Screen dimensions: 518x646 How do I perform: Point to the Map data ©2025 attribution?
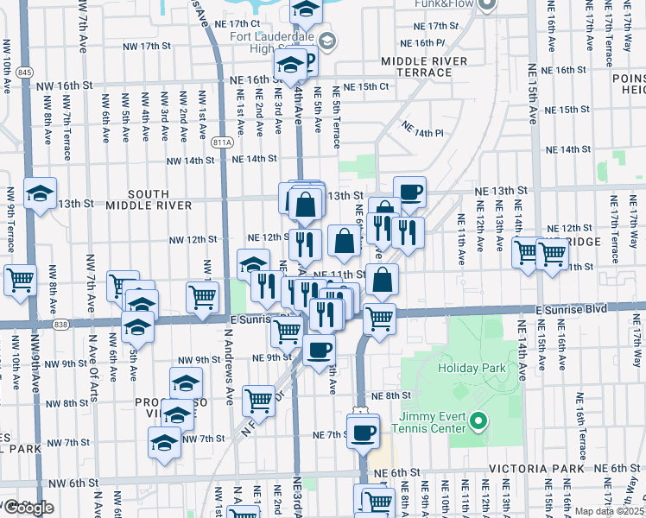[610, 511]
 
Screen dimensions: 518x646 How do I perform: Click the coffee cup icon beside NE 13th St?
[409, 192]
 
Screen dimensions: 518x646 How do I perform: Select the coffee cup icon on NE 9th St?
[319, 350]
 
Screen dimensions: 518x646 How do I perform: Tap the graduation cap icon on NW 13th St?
[40, 193]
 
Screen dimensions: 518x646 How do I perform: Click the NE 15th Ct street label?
[366, 87]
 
